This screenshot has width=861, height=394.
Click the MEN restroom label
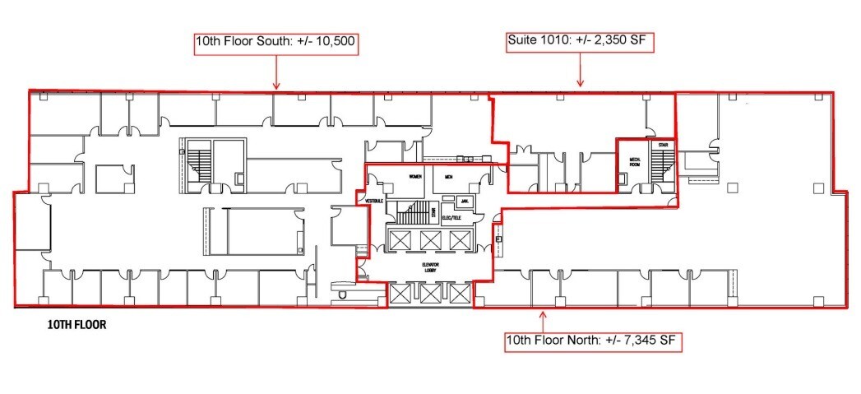click(449, 176)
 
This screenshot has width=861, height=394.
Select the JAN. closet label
click(465, 200)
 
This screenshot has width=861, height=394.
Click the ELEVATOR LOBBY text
click(426, 269)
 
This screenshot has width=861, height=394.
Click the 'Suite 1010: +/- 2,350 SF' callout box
click(581, 40)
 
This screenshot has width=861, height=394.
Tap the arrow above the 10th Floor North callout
click(543, 318)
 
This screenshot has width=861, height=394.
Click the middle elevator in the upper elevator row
click(428, 239)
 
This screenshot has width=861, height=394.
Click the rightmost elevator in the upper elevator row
click(458, 239)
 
